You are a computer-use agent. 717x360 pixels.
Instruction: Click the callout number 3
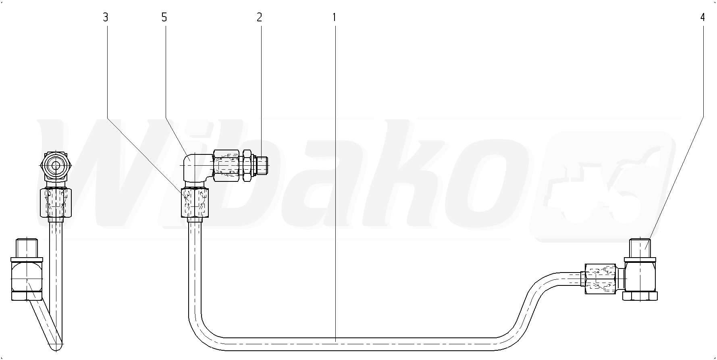pos(106,17)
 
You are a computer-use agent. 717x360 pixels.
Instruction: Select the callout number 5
pos(164,17)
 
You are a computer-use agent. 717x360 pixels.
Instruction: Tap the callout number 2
pos(259,17)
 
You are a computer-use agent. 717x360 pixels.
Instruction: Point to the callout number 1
pos(334,17)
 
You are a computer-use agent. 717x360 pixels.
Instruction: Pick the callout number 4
pos(702,17)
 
